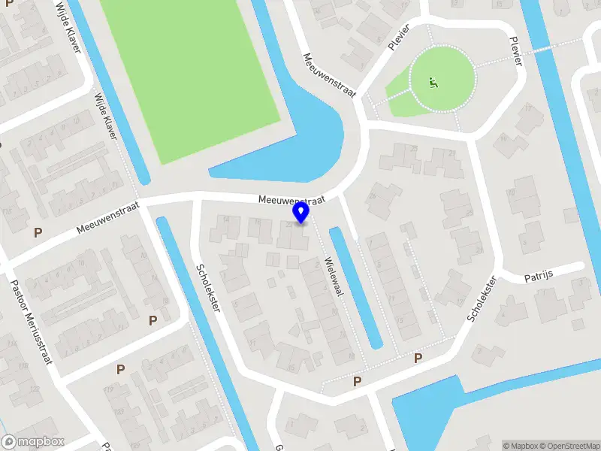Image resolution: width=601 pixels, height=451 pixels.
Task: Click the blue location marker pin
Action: (301, 213)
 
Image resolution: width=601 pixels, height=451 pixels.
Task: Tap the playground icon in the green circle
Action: (433, 82)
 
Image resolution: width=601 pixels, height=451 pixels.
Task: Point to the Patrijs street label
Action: (538, 275)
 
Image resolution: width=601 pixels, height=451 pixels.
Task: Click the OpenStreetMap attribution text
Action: (569, 446)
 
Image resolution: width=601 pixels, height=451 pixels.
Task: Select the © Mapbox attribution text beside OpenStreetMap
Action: (519, 446)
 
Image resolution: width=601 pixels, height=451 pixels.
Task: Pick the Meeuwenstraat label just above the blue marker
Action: (291, 201)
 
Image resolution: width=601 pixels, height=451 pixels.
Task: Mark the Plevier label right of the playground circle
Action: (515, 51)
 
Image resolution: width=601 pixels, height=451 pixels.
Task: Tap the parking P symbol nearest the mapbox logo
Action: (120, 369)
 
